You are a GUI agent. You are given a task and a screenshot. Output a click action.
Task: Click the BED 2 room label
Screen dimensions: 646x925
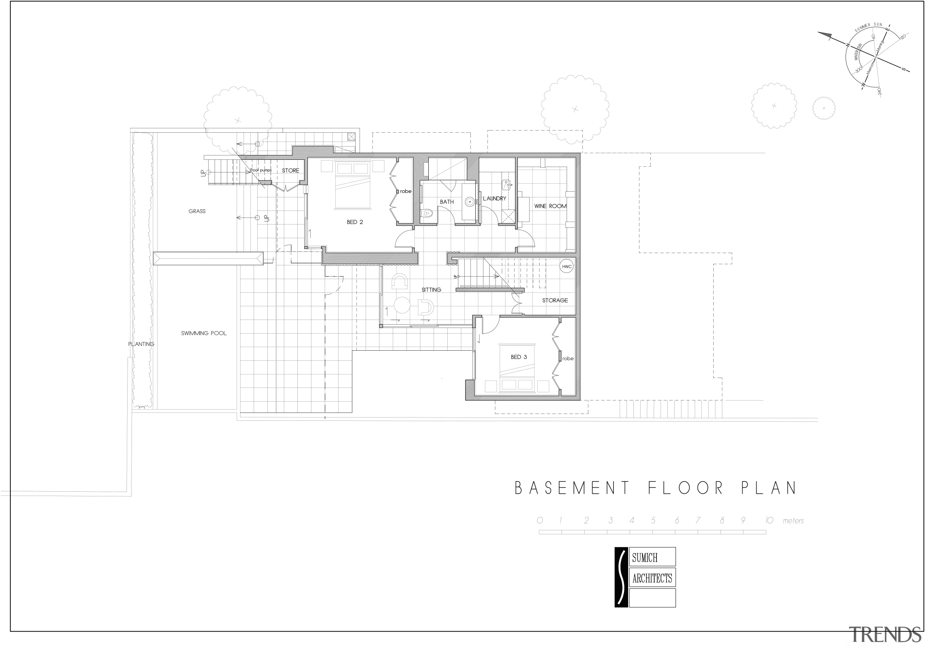click(x=354, y=222)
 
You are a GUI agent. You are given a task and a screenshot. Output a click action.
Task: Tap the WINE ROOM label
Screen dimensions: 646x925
click(x=550, y=206)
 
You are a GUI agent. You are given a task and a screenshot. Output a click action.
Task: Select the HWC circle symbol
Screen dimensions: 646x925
click(x=567, y=266)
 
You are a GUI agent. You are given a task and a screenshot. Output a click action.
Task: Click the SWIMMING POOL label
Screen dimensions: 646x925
click(x=203, y=333)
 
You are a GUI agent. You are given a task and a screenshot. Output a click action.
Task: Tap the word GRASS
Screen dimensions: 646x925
click(x=197, y=211)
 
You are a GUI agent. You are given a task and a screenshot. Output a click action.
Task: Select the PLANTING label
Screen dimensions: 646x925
click(x=141, y=344)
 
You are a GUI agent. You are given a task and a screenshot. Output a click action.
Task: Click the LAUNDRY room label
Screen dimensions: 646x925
click(x=494, y=198)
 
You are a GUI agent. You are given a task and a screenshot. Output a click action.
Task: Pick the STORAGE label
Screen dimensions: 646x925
click(x=555, y=300)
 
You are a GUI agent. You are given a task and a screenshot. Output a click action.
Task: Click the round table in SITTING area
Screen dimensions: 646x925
click(x=402, y=305)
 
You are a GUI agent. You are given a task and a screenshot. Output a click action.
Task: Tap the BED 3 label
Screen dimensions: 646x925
click(x=519, y=357)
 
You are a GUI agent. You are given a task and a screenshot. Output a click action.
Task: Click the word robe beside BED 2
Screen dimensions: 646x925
click(x=405, y=192)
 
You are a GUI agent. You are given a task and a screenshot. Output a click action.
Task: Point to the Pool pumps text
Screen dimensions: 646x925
click(x=261, y=170)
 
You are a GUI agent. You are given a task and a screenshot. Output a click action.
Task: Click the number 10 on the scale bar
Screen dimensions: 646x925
click(x=769, y=520)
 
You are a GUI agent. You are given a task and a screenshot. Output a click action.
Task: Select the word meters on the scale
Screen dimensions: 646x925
click(x=793, y=521)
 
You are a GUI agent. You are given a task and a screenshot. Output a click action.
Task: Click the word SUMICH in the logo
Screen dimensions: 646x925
click(x=645, y=557)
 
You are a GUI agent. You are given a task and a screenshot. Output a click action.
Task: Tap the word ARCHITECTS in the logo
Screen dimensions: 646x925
click(x=652, y=578)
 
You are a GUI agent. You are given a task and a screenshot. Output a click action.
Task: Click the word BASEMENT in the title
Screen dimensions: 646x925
click(x=572, y=488)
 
